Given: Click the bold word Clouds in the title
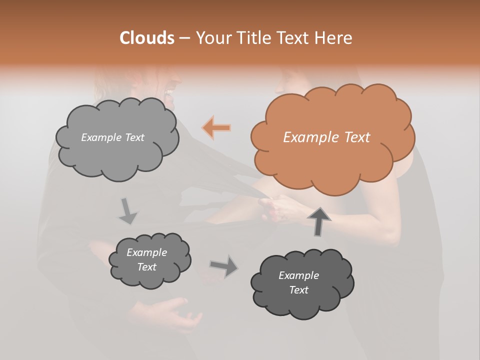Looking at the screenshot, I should click(x=146, y=37).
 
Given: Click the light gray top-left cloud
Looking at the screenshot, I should click(x=116, y=138).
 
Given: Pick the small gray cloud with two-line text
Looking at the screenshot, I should click(x=149, y=260).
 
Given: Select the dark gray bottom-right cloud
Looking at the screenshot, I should click(x=301, y=283).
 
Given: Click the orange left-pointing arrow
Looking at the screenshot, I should click(x=216, y=128).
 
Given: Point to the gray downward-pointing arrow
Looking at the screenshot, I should click(x=128, y=210).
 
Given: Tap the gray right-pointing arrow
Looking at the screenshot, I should click(x=223, y=266).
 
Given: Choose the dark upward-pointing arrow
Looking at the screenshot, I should click(x=318, y=221).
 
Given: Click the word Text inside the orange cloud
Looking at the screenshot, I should click(x=356, y=137).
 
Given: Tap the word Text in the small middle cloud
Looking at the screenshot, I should click(x=146, y=267).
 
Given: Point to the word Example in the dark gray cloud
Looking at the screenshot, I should click(x=298, y=275).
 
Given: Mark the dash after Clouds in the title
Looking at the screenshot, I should click(x=184, y=38).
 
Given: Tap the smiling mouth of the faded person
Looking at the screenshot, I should click(x=170, y=92).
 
